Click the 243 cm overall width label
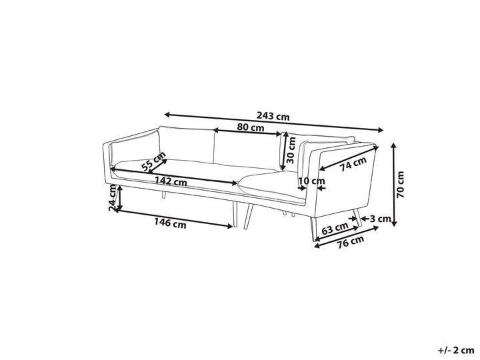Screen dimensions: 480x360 pos(273,116)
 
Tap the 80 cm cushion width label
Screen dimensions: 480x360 pos(251,127)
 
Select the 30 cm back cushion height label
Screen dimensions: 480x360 pos(291,150)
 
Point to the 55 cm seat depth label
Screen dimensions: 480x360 pos(153,161)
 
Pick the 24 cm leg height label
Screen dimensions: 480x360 pos(113,199)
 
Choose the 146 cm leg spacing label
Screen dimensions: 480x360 pos(170,223)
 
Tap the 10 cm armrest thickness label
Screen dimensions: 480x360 pos(311,181)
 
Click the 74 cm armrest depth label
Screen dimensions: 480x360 pos(353,164)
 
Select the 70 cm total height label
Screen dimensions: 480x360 pos(400,185)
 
